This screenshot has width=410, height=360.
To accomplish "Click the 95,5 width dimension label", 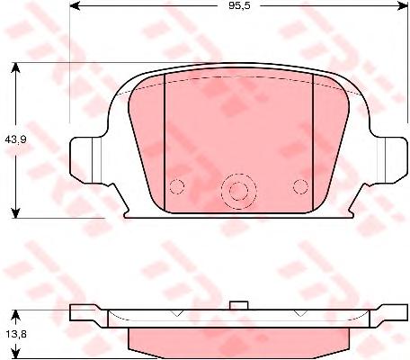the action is (x=239, y=5).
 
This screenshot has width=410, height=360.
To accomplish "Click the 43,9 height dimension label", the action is (x=16, y=139).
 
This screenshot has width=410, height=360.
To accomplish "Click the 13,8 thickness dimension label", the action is (x=16, y=334).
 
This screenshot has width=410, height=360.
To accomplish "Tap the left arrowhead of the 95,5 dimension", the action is (x=75, y=5).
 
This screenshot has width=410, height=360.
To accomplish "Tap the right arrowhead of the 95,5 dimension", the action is (x=403, y=5).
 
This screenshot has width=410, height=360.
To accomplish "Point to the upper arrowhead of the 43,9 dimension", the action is (x=15, y=67).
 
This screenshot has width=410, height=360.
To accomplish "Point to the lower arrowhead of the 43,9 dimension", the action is (x=15, y=213).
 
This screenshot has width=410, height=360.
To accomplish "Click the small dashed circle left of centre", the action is (x=176, y=187).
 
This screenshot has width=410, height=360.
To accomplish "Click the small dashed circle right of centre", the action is (x=300, y=187).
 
